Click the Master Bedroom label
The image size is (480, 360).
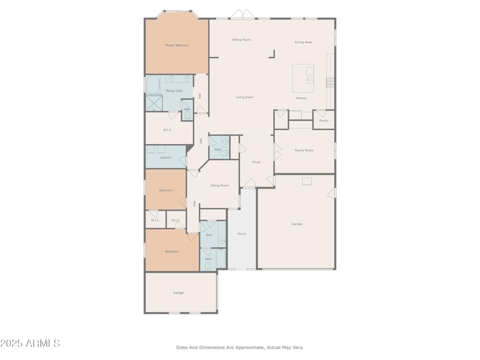click(177, 45)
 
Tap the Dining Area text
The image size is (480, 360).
click(303, 42)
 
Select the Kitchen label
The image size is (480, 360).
click(301, 98)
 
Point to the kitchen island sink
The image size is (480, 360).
click(310, 79)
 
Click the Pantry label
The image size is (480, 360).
click(324, 121)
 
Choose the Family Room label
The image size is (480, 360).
click(304, 150)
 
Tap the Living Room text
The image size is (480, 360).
click(244, 97)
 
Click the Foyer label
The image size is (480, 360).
click(256, 162)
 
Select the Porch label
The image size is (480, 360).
click(242, 233)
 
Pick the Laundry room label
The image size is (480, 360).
click(166, 158)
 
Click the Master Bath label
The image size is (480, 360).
click(175, 91)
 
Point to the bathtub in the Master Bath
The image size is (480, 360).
click(153, 83)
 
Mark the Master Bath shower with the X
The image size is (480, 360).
click(154, 103)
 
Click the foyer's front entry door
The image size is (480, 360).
click(248, 182)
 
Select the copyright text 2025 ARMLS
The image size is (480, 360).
click(30, 344)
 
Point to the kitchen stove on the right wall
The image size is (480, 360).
click(330, 81)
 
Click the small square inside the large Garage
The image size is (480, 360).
click(307, 181)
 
